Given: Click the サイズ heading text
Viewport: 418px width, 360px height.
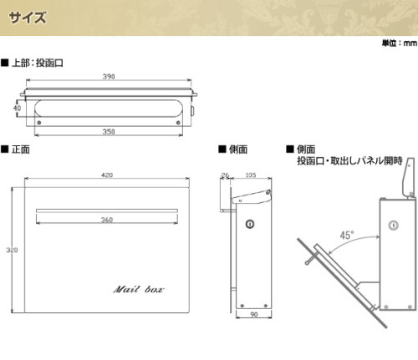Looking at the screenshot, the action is tap(28, 18).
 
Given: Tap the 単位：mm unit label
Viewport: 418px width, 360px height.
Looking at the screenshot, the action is tap(400, 43).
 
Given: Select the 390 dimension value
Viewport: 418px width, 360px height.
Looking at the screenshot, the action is tap(109, 77).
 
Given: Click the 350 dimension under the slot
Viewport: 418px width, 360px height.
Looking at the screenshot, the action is tap(109, 131).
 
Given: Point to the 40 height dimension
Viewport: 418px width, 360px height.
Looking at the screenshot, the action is tap(17, 108).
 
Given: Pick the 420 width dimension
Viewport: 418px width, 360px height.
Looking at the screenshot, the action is tap(107, 175).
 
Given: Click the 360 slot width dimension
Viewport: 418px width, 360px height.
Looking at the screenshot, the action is tap(107, 220).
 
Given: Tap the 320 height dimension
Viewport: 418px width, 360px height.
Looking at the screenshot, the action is tap(12, 250).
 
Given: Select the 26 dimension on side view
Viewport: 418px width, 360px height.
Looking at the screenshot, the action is tap(225, 175).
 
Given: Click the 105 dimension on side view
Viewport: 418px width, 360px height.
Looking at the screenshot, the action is tap(251, 175).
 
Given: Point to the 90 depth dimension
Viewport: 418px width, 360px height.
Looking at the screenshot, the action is tap(254, 314).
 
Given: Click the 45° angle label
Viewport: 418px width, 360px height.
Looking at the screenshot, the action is tap(347, 236).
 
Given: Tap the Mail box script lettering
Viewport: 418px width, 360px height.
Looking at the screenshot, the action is tap(139, 289).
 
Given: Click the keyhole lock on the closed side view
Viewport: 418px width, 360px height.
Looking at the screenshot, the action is tap(250, 224).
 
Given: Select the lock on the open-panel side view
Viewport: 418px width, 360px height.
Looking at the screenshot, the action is tap(393, 225).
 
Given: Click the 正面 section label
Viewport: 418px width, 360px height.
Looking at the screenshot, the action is tap(21, 150).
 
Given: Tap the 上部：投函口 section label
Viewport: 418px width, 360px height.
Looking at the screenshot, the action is tap(38, 63).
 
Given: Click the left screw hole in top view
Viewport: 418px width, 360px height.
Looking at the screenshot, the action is tap(39, 123).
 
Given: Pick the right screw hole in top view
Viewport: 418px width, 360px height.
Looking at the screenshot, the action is tap(178, 123).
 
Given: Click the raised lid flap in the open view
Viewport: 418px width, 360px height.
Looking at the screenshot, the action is tap(408, 177).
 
